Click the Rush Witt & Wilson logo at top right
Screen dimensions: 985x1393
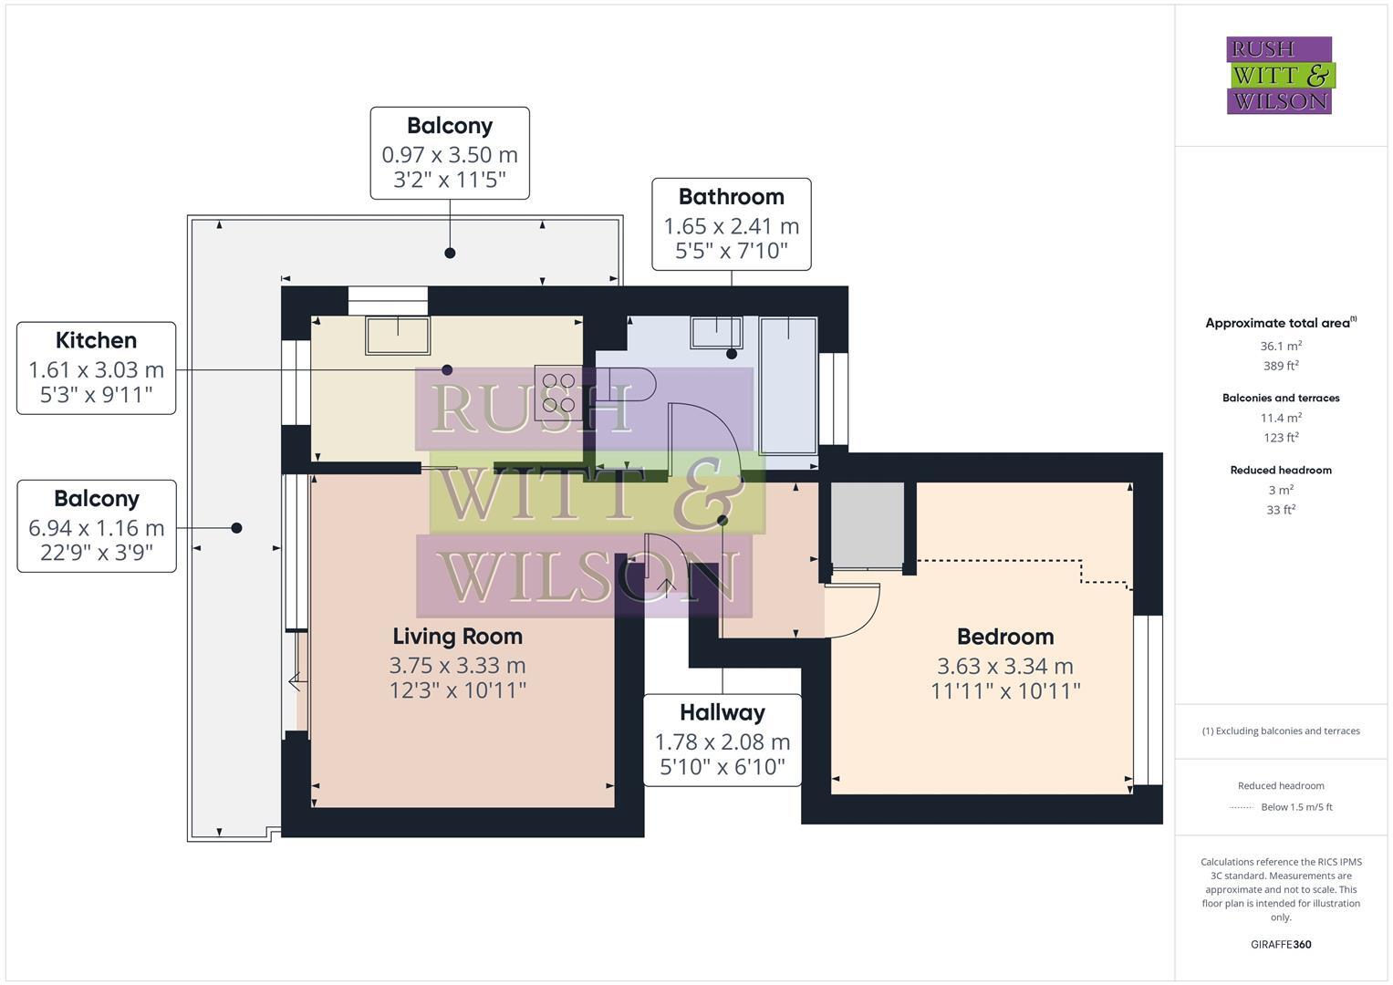1279,75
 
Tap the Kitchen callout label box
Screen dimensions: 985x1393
96,368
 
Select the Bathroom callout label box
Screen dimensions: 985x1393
731,224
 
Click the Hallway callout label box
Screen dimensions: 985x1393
722,740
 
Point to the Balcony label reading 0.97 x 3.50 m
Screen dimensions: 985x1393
449,153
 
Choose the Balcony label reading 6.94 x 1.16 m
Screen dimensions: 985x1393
96,526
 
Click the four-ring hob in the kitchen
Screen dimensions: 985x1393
558,392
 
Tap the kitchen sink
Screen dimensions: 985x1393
398,335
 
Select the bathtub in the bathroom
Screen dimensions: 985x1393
788,385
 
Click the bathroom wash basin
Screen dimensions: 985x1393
716,332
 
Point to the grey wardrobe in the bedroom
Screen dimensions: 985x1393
867,524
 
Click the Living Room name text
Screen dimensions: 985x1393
457,637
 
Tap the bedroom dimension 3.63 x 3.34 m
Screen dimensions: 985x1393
1004,667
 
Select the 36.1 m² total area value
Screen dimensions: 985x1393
1280,347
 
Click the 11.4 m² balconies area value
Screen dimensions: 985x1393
1280,418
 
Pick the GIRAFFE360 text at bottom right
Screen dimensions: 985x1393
1280,945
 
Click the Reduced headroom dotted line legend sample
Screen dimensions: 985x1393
1241,807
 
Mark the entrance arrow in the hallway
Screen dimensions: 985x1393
666,586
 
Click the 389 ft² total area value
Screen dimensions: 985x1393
1280,366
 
